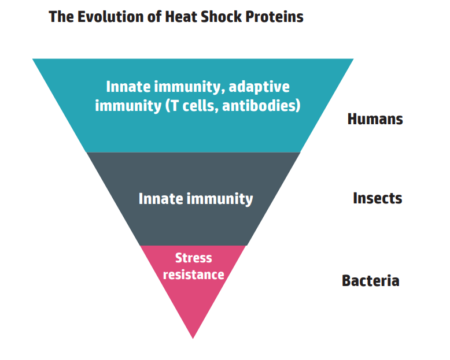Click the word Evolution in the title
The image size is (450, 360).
[x=110, y=16]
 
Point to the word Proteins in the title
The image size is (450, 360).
[x=274, y=16]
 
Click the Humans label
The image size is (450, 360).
[x=375, y=118]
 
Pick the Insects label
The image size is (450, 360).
[x=377, y=198]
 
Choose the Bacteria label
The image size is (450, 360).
[x=371, y=280]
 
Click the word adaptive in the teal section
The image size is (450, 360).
[x=259, y=87]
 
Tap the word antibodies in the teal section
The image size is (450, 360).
[x=261, y=105]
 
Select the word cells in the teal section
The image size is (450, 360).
[x=198, y=105]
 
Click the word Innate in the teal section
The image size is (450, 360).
[x=128, y=86]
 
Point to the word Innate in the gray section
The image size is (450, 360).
[x=161, y=198]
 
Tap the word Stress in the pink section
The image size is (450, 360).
[x=193, y=258]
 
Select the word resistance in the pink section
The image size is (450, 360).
[x=193, y=274]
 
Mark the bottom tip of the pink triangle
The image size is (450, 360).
[x=193, y=339]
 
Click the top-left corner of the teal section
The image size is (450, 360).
[x=32, y=59]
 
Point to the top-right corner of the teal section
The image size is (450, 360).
[x=353, y=59]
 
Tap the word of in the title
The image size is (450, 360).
[x=154, y=16]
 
